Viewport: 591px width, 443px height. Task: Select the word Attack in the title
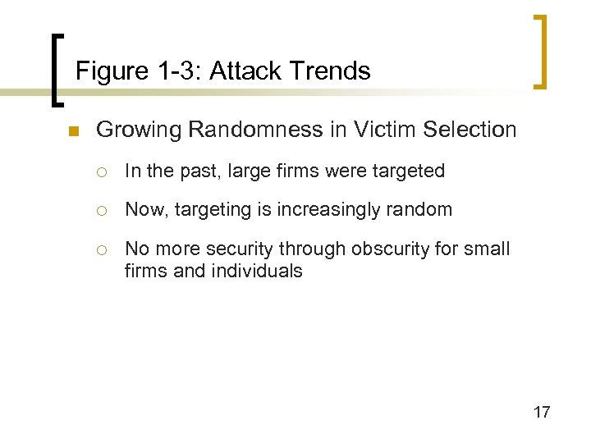pyautogui.click(x=244, y=71)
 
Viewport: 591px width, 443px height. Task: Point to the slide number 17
pyautogui.click(x=542, y=412)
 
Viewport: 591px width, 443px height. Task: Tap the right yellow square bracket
pyautogui.click(x=540, y=51)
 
